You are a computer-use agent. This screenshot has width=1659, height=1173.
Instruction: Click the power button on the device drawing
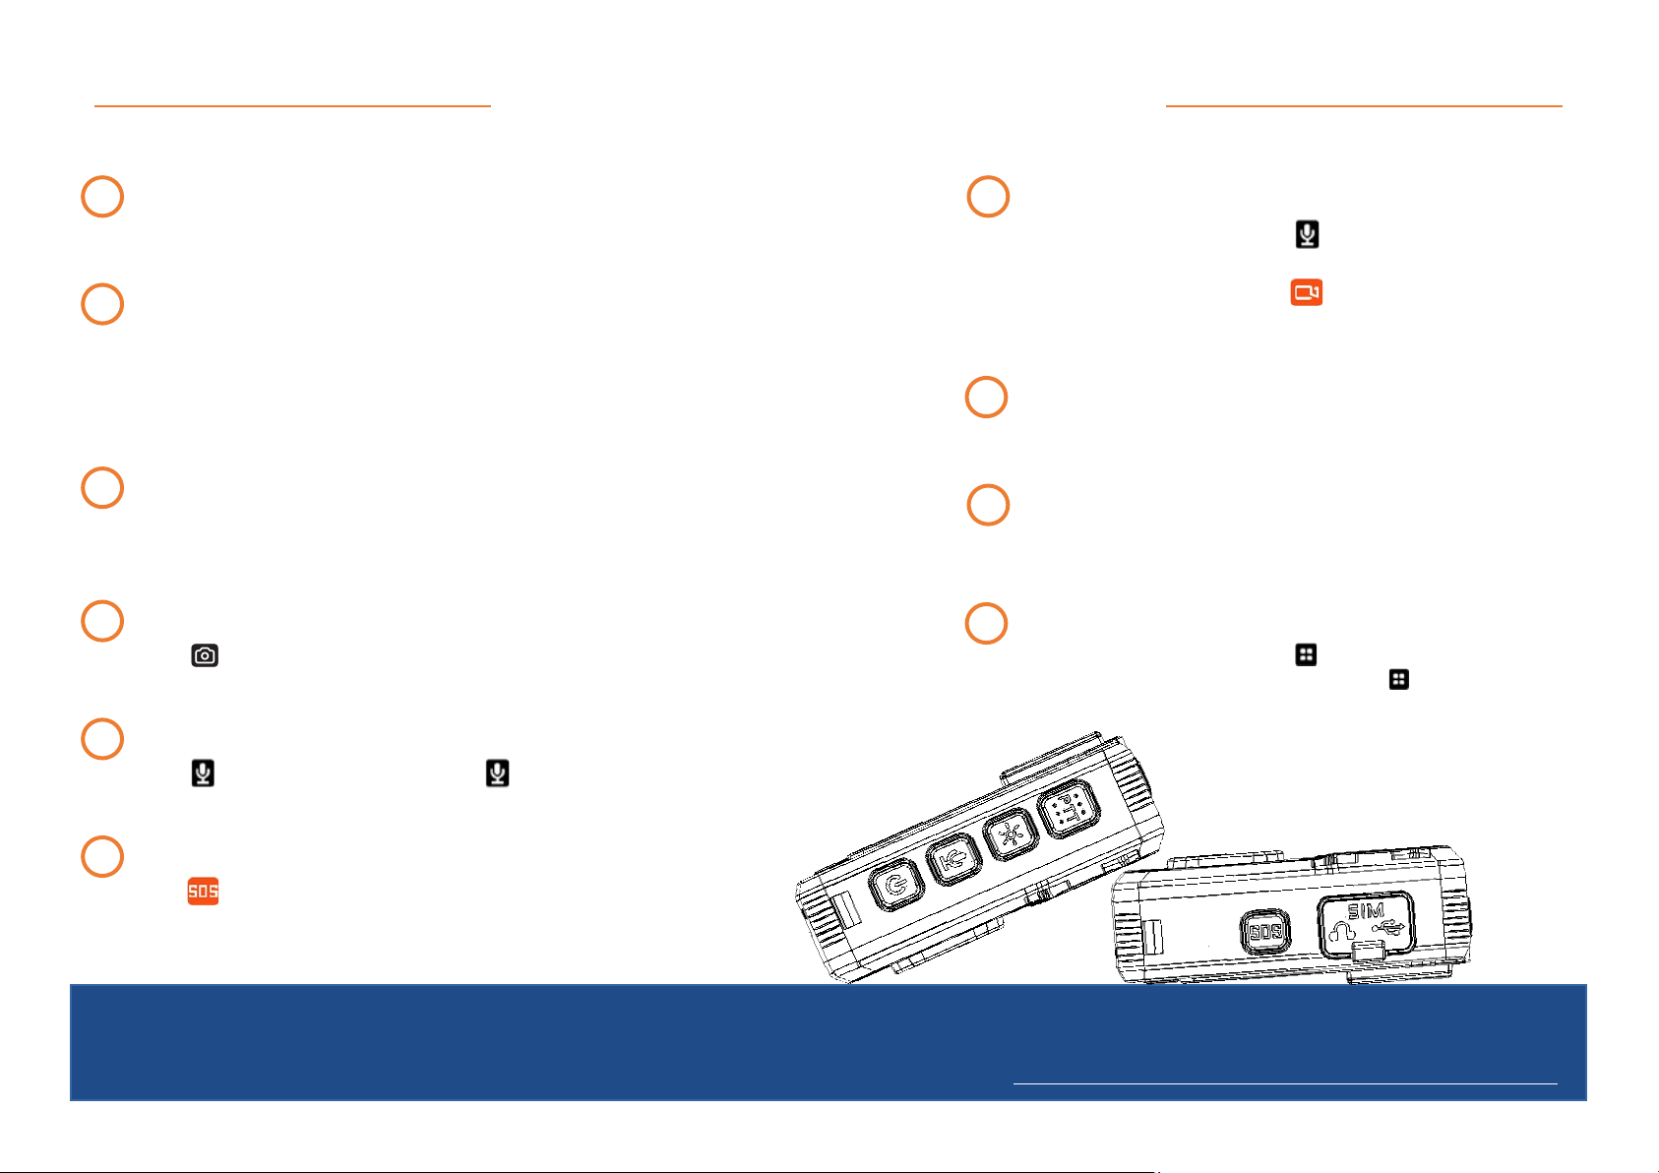pyautogui.click(x=894, y=886)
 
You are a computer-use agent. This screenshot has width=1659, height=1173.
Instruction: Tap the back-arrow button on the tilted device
pyautogui.click(x=952, y=861)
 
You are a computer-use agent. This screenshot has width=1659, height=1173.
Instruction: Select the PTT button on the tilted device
pyautogui.click(x=1069, y=810)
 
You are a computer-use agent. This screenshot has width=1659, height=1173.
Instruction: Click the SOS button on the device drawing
pyautogui.click(x=1264, y=932)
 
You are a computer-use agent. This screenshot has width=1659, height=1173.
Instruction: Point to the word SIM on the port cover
pyautogui.click(x=1366, y=911)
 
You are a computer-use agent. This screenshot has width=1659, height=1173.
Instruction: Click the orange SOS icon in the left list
pyautogui.click(x=203, y=892)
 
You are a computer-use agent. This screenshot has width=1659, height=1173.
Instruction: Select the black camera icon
pyautogui.click(x=205, y=655)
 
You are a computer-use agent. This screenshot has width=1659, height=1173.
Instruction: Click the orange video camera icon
pyautogui.click(x=1306, y=292)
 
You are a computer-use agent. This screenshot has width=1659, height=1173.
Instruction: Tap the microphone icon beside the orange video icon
pyautogui.click(x=1307, y=234)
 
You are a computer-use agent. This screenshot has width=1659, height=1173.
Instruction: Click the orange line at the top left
pyautogui.click(x=292, y=105)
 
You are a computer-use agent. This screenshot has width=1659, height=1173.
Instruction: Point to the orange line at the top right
pyautogui.click(x=1364, y=105)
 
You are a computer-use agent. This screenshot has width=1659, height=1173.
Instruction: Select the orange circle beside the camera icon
pyautogui.click(x=102, y=621)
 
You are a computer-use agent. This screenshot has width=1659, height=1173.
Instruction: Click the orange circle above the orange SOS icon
pyautogui.click(x=102, y=856)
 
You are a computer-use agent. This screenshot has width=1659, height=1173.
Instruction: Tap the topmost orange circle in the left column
pyautogui.click(x=102, y=197)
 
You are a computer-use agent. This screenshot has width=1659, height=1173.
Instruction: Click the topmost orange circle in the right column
pyautogui.click(x=989, y=197)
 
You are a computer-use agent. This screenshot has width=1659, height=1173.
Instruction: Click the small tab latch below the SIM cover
pyautogui.click(x=1369, y=951)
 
